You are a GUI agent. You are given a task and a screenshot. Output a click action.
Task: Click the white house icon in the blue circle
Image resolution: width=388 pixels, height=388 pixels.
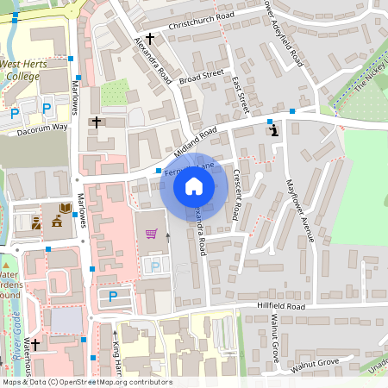tap(194, 185)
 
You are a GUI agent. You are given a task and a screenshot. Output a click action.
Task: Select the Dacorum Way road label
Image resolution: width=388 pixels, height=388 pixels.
tap(42, 127)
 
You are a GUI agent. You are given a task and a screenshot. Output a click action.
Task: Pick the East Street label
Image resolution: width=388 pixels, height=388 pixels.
tap(241, 95)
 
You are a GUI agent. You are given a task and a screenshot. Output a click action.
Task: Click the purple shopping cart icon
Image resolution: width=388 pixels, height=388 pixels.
tap(152, 233)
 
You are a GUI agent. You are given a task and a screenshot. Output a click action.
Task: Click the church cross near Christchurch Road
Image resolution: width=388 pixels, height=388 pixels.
tap(150, 38)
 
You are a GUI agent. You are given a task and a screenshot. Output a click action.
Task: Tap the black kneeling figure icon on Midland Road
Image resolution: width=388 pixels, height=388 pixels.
tap(274, 131)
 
